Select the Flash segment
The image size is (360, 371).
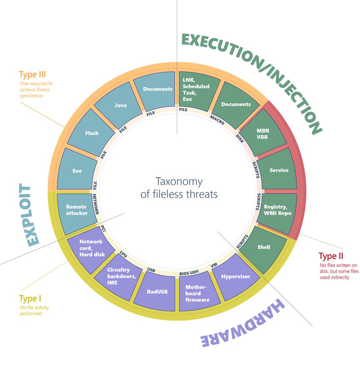pos(91,133)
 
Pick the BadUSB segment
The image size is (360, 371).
pos(155,291)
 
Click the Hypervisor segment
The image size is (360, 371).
pos(236,277)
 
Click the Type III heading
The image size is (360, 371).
pos(32,74)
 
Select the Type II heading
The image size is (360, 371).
pos(331,256)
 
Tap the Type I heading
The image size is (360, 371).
pos(30,298)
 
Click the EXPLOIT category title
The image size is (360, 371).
pos(29,215)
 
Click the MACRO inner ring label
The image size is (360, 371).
pos(217,120)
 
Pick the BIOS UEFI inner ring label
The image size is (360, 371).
pos(189,273)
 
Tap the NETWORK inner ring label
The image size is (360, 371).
pos(95,204)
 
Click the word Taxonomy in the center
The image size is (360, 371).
pos(179,182)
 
